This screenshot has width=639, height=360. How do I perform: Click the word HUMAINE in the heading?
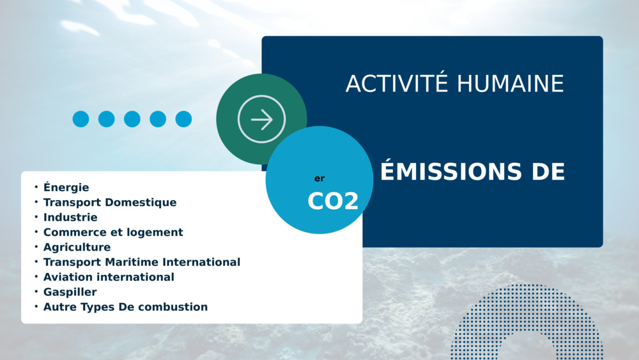(510, 84)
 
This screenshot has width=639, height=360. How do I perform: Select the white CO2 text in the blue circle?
(333, 201)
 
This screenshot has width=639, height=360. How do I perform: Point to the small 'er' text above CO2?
(319, 178)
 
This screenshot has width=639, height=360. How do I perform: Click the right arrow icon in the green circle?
(261, 119)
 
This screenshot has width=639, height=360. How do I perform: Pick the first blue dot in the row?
(81, 119)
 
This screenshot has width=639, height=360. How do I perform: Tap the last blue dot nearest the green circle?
(183, 119)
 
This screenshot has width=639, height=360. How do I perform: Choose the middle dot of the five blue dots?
(132, 119)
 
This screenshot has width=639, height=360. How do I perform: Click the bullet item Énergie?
(66, 187)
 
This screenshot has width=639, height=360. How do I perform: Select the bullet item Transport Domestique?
(110, 202)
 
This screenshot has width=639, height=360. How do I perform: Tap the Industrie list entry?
(70, 217)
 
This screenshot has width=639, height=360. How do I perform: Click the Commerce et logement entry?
(113, 232)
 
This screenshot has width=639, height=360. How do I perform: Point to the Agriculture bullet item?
(77, 247)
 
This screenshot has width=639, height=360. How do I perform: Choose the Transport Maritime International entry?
(142, 262)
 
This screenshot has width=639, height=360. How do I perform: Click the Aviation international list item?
(109, 278)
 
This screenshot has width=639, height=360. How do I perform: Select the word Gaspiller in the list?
(70, 292)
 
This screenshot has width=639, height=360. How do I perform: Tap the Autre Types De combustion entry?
(125, 307)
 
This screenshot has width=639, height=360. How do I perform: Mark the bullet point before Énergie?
(36, 187)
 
